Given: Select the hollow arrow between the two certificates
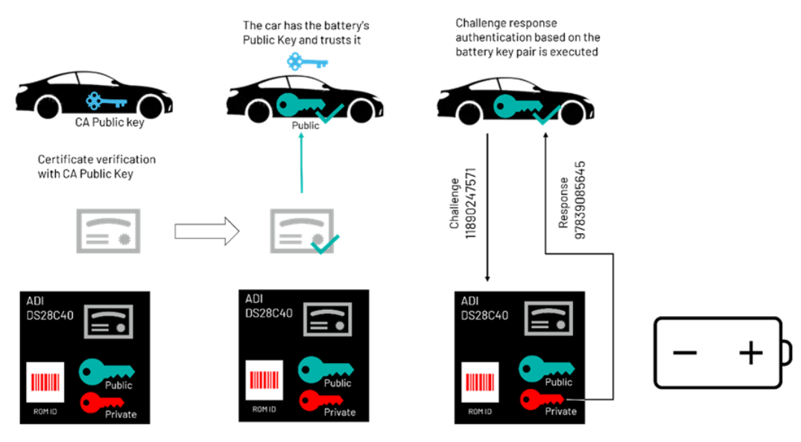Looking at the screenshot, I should click(x=206, y=232).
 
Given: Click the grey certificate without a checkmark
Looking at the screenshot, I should click(x=109, y=231).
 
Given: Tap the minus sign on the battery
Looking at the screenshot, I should click(x=684, y=353).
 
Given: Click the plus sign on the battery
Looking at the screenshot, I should click(x=750, y=353).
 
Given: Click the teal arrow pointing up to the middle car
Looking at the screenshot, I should click(x=302, y=163).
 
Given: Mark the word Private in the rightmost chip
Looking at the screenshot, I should click(x=561, y=411).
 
